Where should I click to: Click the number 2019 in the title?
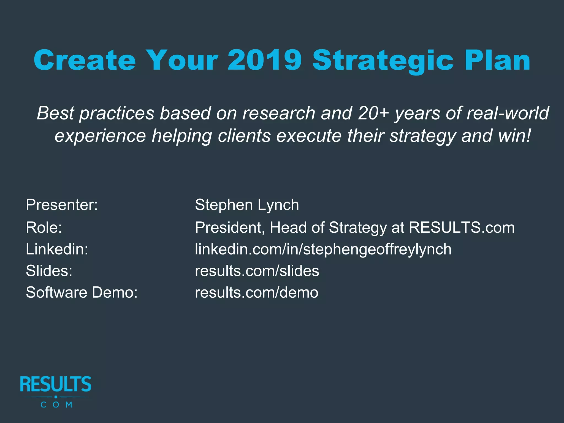pyautogui.click(x=265, y=60)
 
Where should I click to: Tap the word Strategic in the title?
pyautogui.click(x=383, y=61)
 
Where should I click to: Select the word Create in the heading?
pyautogui.click(x=85, y=60)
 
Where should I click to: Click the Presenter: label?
pyautogui.click(x=62, y=205)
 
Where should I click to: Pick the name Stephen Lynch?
pyautogui.click(x=247, y=205)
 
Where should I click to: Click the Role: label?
pyautogui.click(x=44, y=227)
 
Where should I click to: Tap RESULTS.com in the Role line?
pyautogui.click(x=462, y=227)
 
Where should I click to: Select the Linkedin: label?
pyautogui.click(x=57, y=249)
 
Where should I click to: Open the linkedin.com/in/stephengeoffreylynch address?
pyautogui.click(x=323, y=249)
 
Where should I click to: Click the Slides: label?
pyautogui.click(x=49, y=271)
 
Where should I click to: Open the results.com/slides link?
pyautogui.click(x=257, y=271)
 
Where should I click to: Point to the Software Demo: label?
pyautogui.click(x=82, y=292)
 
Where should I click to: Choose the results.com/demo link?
pyautogui.click(x=256, y=292)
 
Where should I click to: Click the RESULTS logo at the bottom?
pyautogui.click(x=56, y=391)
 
